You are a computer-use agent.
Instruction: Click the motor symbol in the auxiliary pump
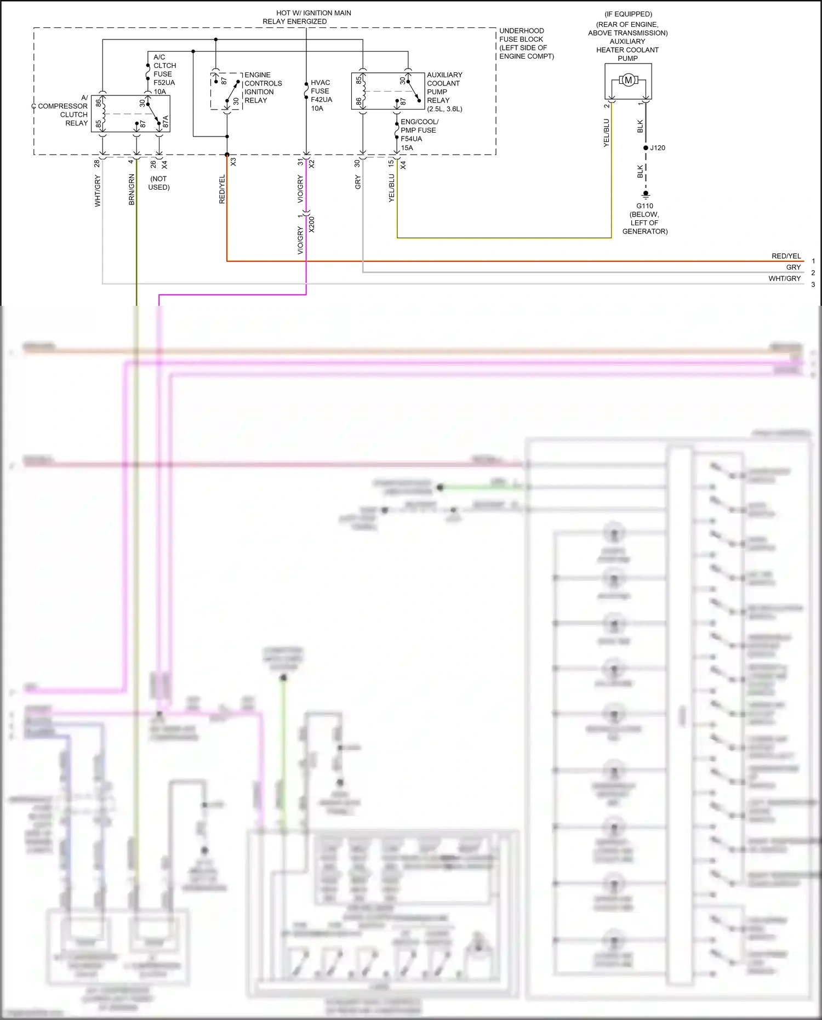[628, 81]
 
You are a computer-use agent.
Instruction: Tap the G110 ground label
[644, 206]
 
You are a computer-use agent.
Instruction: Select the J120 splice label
[658, 148]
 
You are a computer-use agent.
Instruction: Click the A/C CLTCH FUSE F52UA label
[164, 74]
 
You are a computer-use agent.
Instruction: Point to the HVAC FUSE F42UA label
[321, 95]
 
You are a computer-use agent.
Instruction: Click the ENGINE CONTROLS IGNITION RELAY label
[262, 88]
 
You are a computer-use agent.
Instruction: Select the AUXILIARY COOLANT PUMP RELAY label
[444, 92]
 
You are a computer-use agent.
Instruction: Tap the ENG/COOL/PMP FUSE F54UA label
[419, 135]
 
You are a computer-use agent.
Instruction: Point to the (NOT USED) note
[159, 183]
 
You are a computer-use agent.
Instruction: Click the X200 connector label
[312, 224]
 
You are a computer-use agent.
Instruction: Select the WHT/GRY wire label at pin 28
[98, 191]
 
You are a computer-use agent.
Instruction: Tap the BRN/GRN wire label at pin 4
[132, 190]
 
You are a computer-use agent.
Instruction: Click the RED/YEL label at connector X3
[222, 190]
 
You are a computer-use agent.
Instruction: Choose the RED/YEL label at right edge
[786, 256]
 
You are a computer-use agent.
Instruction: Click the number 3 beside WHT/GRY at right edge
[813, 284]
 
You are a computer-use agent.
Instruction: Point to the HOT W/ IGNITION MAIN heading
[313, 13]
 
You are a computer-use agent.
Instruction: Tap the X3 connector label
[233, 162]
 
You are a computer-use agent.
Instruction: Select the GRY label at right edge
[793, 267]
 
